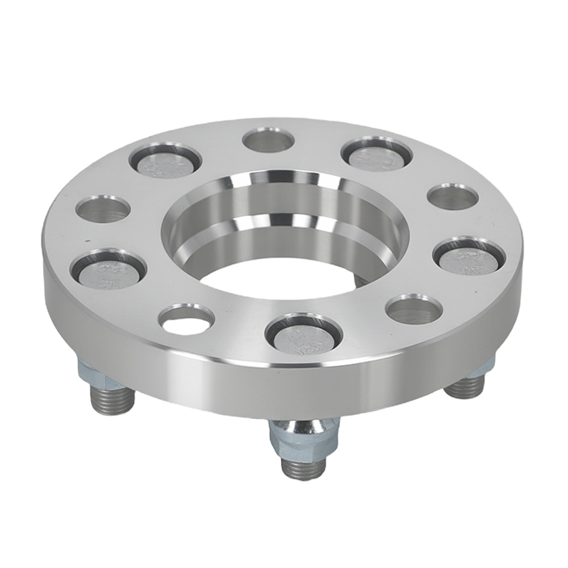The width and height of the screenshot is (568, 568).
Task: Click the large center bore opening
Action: click(x=284, y=239)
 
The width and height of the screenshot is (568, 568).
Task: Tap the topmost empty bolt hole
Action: click(x=268, y=139)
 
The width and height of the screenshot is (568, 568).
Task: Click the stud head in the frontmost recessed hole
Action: click(x=304, y=335)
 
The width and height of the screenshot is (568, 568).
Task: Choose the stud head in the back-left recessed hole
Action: click(x=165, y=161)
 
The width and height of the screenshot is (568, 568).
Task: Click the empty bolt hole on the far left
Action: click(x=103, y=210)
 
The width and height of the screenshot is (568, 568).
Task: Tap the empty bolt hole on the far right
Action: click(x=452, y=197)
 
